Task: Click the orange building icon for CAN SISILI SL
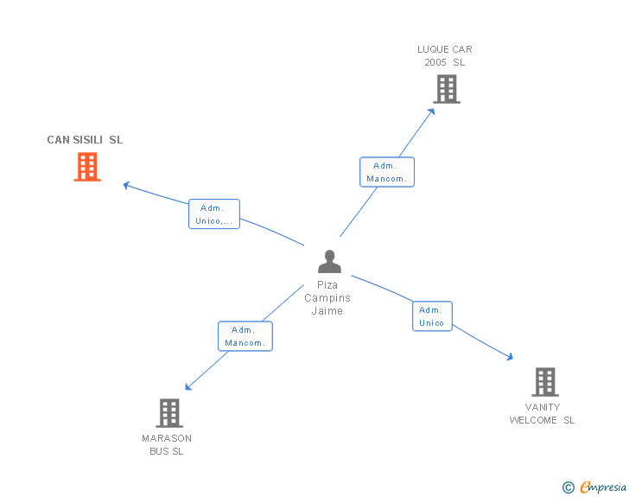pos(87,167)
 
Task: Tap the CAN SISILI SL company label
pos(85,140)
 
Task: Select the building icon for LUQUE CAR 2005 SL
pos(446,89)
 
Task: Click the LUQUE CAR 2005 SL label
pos(445,56)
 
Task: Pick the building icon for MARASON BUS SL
pos(169,413)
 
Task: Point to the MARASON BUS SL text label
pos(167,444)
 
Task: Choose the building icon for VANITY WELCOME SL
pos(544,381)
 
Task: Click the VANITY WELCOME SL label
pos(542,414)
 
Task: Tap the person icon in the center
pos(329,261)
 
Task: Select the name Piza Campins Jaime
pos(327,297)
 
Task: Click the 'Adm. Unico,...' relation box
pos(213,214)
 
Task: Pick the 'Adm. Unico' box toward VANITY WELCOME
pos(431,316)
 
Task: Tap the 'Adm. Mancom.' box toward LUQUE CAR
pos(386,172)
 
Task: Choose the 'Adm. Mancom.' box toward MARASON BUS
pos(245,336)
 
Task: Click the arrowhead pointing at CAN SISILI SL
pos(126,184)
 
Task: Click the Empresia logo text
pos(603,487)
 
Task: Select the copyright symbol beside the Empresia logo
pos(568,488)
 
